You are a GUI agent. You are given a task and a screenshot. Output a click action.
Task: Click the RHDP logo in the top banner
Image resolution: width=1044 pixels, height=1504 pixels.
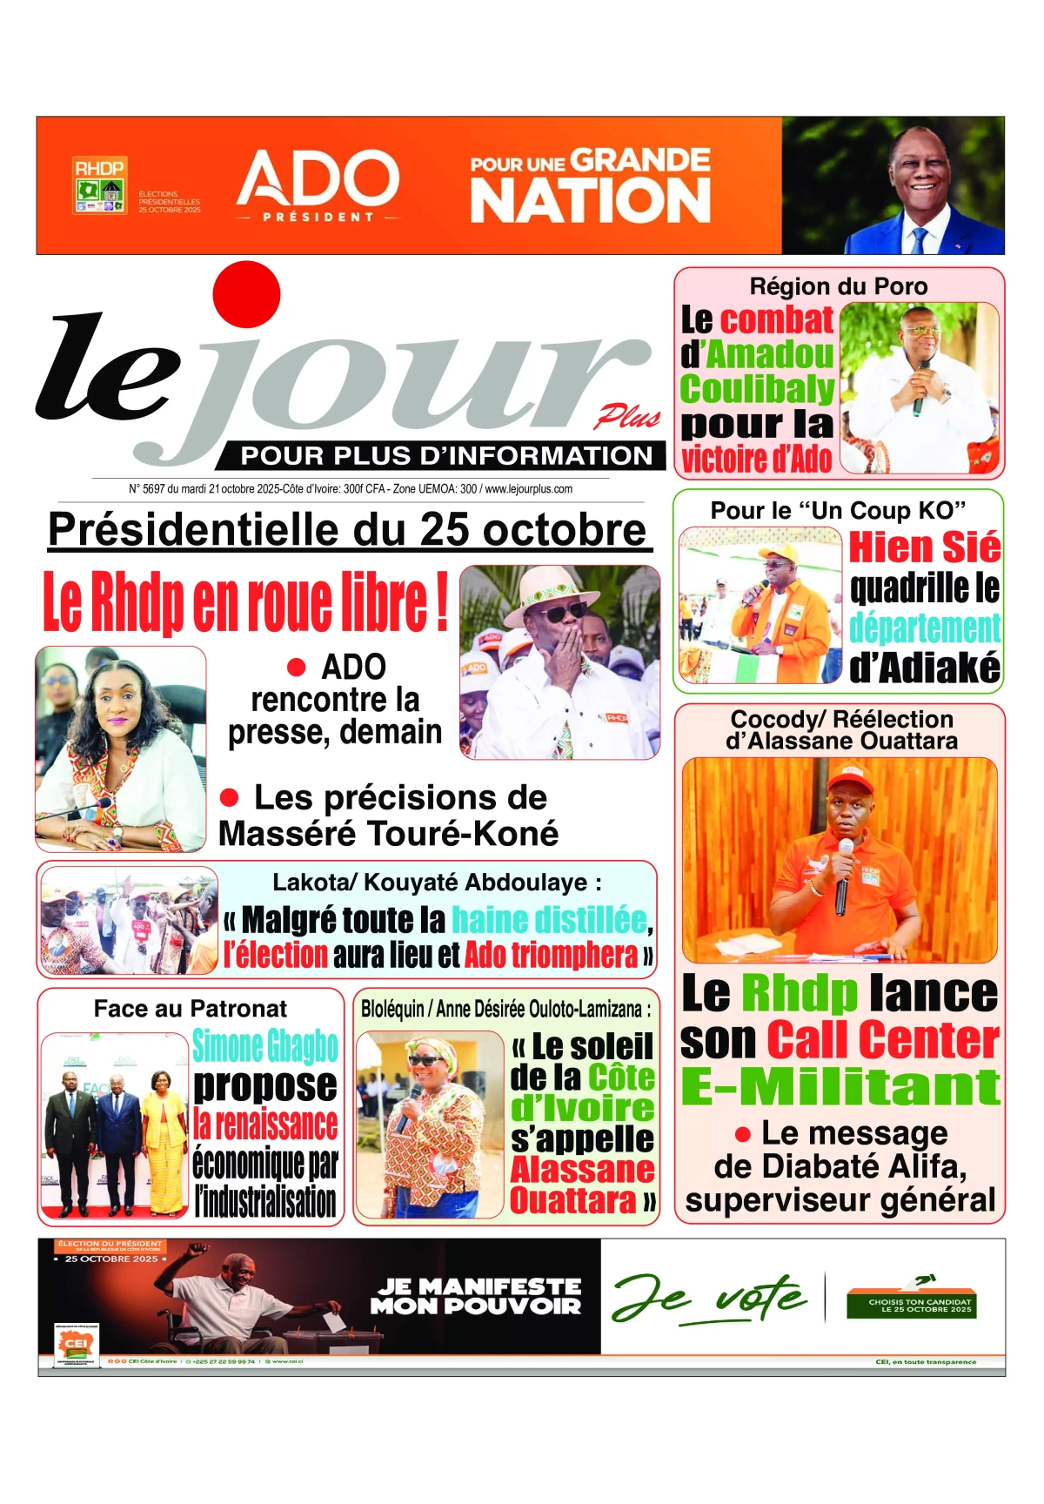pyautogui.click(x=100, y=185)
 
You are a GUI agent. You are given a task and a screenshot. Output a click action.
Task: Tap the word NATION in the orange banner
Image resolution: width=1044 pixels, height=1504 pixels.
pyautogui.click(x=591, y=201)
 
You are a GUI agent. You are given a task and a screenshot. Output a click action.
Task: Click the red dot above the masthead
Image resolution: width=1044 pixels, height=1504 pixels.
pyautogui.click(x=246, y=294)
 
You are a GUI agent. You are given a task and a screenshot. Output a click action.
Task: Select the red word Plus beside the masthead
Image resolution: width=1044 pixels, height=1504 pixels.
pyautogui.click(x=627, y=418)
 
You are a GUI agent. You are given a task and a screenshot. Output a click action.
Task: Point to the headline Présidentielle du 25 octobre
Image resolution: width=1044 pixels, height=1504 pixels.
pyautogui.click(x=348, y=529)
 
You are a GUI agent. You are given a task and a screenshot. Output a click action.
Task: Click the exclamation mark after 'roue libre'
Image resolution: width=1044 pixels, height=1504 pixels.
pyautogui.click(x=441, y=600)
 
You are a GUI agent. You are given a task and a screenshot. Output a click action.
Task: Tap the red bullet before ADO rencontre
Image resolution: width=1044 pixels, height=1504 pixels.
pyautogui.click(x=297, y=668)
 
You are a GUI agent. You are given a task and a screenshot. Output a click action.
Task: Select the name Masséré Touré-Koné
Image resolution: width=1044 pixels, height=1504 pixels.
pyautogui.click(x=388, y=834)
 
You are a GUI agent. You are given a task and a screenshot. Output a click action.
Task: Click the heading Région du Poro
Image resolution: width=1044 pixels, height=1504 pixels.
pyautogui.click(x=839, y=286)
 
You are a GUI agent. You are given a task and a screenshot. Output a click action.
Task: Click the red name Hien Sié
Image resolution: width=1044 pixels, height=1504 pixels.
pyautogui.click(x=925, y=547)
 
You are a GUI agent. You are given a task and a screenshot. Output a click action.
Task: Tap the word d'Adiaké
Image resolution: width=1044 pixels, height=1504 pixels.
pyautogui.click(x=925, y=668)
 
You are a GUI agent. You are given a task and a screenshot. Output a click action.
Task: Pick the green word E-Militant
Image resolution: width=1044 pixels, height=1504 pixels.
pyautogui.click(x=840, y=1086)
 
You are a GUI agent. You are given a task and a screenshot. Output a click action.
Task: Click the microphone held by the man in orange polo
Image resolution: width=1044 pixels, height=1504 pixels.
pyautogui.click(x=842, y=875)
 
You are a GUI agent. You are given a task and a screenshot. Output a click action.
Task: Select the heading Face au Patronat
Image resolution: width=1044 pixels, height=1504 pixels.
pyautogui.click(x=191, y=1009)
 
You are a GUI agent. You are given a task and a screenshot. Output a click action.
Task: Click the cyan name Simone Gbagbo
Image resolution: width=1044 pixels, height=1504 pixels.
pyautogui.click(x=265, y=1045)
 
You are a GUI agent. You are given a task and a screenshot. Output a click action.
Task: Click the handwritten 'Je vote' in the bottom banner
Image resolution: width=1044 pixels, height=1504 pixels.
pyautogui.click(x=709, y=1298)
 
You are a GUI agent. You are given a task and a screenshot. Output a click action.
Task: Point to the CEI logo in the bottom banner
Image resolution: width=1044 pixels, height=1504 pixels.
pyautogui.click(x=76, y=1344)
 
